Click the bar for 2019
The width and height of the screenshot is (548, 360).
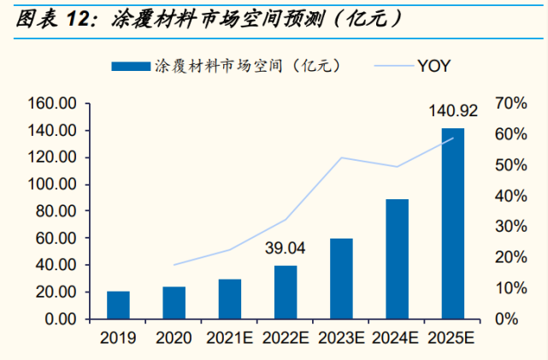[x=119, y=305]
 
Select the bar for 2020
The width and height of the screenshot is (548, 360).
[x=174, y=303]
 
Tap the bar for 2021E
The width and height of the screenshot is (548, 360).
[x=230, y=299]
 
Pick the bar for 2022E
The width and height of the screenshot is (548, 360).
[x=286, y=292]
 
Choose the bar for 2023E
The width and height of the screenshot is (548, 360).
[x=341, y=279]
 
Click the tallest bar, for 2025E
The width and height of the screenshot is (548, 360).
[x=452, y=224]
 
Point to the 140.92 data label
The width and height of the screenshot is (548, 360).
[x=451, y=111]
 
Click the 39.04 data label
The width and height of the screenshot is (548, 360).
[x=285, y=249]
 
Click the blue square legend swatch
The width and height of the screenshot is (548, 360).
[x=130, y=65]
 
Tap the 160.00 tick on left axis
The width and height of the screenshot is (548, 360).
[x=53, y=103]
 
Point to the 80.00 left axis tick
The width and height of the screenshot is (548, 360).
[x=57, y=211]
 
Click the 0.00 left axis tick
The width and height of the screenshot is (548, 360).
[x=62, y=319]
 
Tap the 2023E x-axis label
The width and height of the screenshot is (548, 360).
[x=341, y=339]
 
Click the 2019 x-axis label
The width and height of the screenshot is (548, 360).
[x=119, y=339]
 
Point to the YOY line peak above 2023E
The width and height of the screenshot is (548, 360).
[x=341, y=157]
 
